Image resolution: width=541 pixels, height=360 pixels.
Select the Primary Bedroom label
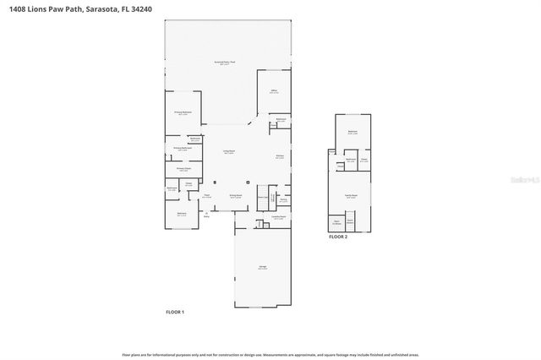point(183,112)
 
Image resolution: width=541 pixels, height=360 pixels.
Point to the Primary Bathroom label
point(183,149)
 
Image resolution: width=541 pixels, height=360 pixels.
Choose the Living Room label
point(228,152)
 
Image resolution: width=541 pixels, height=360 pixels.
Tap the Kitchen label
point(279,156)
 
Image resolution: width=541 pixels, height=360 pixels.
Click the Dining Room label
point(237,195)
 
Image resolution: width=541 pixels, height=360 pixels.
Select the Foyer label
point(206,196)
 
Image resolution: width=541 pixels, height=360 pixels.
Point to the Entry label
point(206,216)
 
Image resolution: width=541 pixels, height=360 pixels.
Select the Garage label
point(262,267)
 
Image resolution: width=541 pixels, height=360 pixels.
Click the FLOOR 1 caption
point(174,312)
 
